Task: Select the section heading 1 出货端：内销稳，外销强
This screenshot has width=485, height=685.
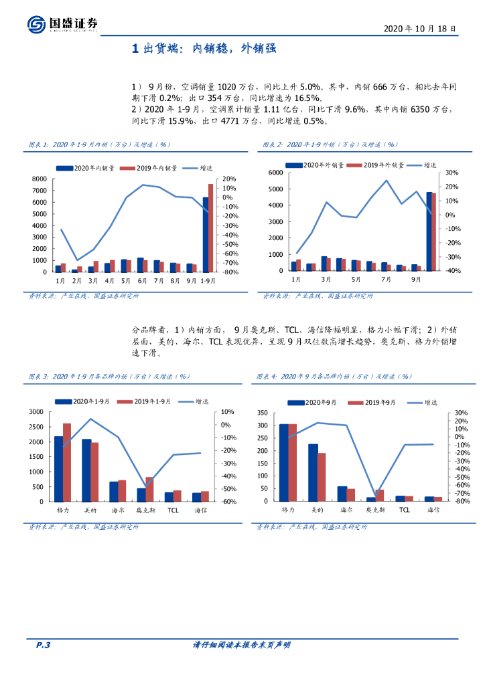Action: click(204, 49)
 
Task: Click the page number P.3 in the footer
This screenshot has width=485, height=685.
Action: click(43, 645)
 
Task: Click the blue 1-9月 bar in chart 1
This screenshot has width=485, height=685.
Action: click(205, 234)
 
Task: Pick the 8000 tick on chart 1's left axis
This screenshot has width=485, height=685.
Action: click(40, 179)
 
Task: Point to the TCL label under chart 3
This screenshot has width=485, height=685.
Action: click(173, 510)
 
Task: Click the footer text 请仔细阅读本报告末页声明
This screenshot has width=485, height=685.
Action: click(241, 645)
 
